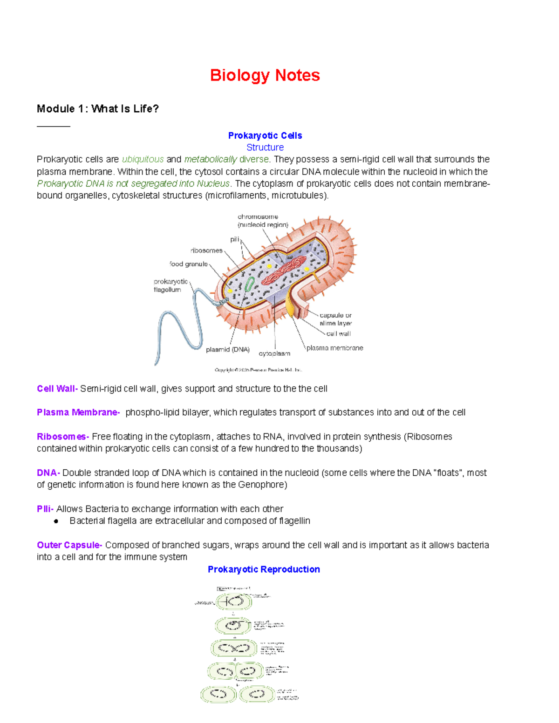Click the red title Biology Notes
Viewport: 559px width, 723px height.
pos(265,75)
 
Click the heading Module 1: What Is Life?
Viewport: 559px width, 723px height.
pos(98,109)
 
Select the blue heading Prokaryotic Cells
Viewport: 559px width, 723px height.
pos(265,135)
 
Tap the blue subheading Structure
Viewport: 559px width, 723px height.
pos(265,148)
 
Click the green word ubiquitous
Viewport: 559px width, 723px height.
pos(143,160)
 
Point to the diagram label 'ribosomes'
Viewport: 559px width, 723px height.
pos(206,250)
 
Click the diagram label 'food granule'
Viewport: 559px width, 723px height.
pos(189,264)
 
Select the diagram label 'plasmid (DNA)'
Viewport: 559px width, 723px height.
pos(228,350)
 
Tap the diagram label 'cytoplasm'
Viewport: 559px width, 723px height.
pos(274,354)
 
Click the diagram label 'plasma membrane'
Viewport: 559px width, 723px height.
pos(334,348)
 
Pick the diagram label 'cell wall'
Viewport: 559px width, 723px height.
pos(339,334)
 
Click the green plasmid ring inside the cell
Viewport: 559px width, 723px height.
pos(250,284)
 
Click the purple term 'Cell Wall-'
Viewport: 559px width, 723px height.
pos(57,389)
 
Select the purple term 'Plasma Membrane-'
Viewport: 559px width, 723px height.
pos(78,412)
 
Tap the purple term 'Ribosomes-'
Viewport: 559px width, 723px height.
pos(63,437)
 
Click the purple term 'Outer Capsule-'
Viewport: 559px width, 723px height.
pos(69,545)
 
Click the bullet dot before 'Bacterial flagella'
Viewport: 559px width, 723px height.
pos(56,521)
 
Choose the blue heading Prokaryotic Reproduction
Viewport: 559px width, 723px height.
pos(264,569)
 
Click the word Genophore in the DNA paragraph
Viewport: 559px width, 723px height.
pos(261,485)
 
